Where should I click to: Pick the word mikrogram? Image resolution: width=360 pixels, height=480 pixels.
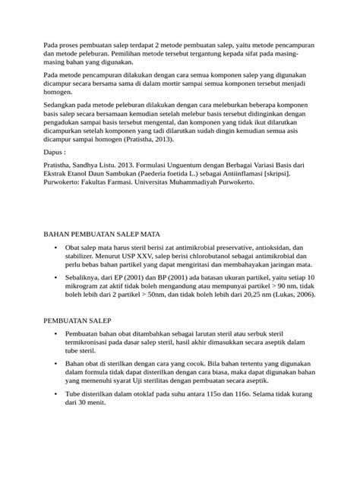point(87,289)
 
